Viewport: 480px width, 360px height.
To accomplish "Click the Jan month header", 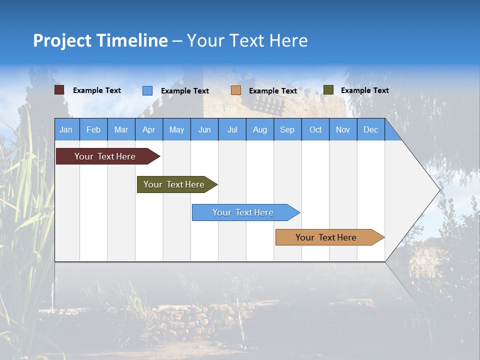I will [x=66, y=129].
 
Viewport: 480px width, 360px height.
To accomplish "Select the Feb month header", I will [x=93, y=129].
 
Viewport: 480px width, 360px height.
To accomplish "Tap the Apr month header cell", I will [x=149, y=129].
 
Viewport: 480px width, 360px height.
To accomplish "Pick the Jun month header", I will [x=204, y=129].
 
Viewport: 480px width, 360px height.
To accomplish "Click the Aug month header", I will [x=260, y=129].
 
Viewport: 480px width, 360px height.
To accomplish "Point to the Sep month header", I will [x=287, y=129].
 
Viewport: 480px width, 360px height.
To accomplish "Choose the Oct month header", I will [x=315, y=129].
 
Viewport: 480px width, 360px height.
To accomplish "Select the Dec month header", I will [x=371, y=129].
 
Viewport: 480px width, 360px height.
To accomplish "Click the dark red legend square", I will [x=59, y=90].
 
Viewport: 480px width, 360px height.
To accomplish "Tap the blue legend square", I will [x=147, y=90].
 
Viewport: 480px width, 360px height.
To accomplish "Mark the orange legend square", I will [x=236, y=90].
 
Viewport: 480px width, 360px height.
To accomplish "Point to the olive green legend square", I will [x=328, y=90].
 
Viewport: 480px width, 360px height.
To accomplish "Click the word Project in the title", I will [x=62, y=40].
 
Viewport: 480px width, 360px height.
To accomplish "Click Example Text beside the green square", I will [x=364, y=90].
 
